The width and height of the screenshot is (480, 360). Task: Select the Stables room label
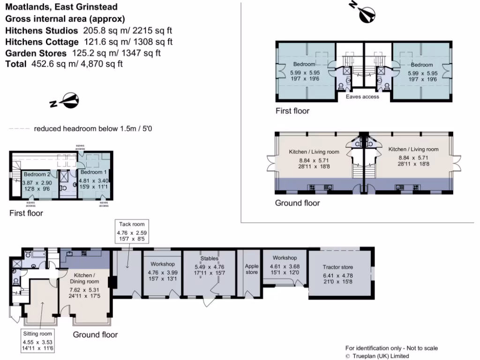[210, 258]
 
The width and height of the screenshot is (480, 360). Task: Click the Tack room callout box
[131, 232]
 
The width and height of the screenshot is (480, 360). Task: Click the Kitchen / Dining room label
[84, 278]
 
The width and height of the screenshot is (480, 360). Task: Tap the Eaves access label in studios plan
[362, 97]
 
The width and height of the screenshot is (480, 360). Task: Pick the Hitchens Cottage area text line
[89, 42]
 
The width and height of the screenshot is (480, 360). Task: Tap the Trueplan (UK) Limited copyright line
[380, 356]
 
